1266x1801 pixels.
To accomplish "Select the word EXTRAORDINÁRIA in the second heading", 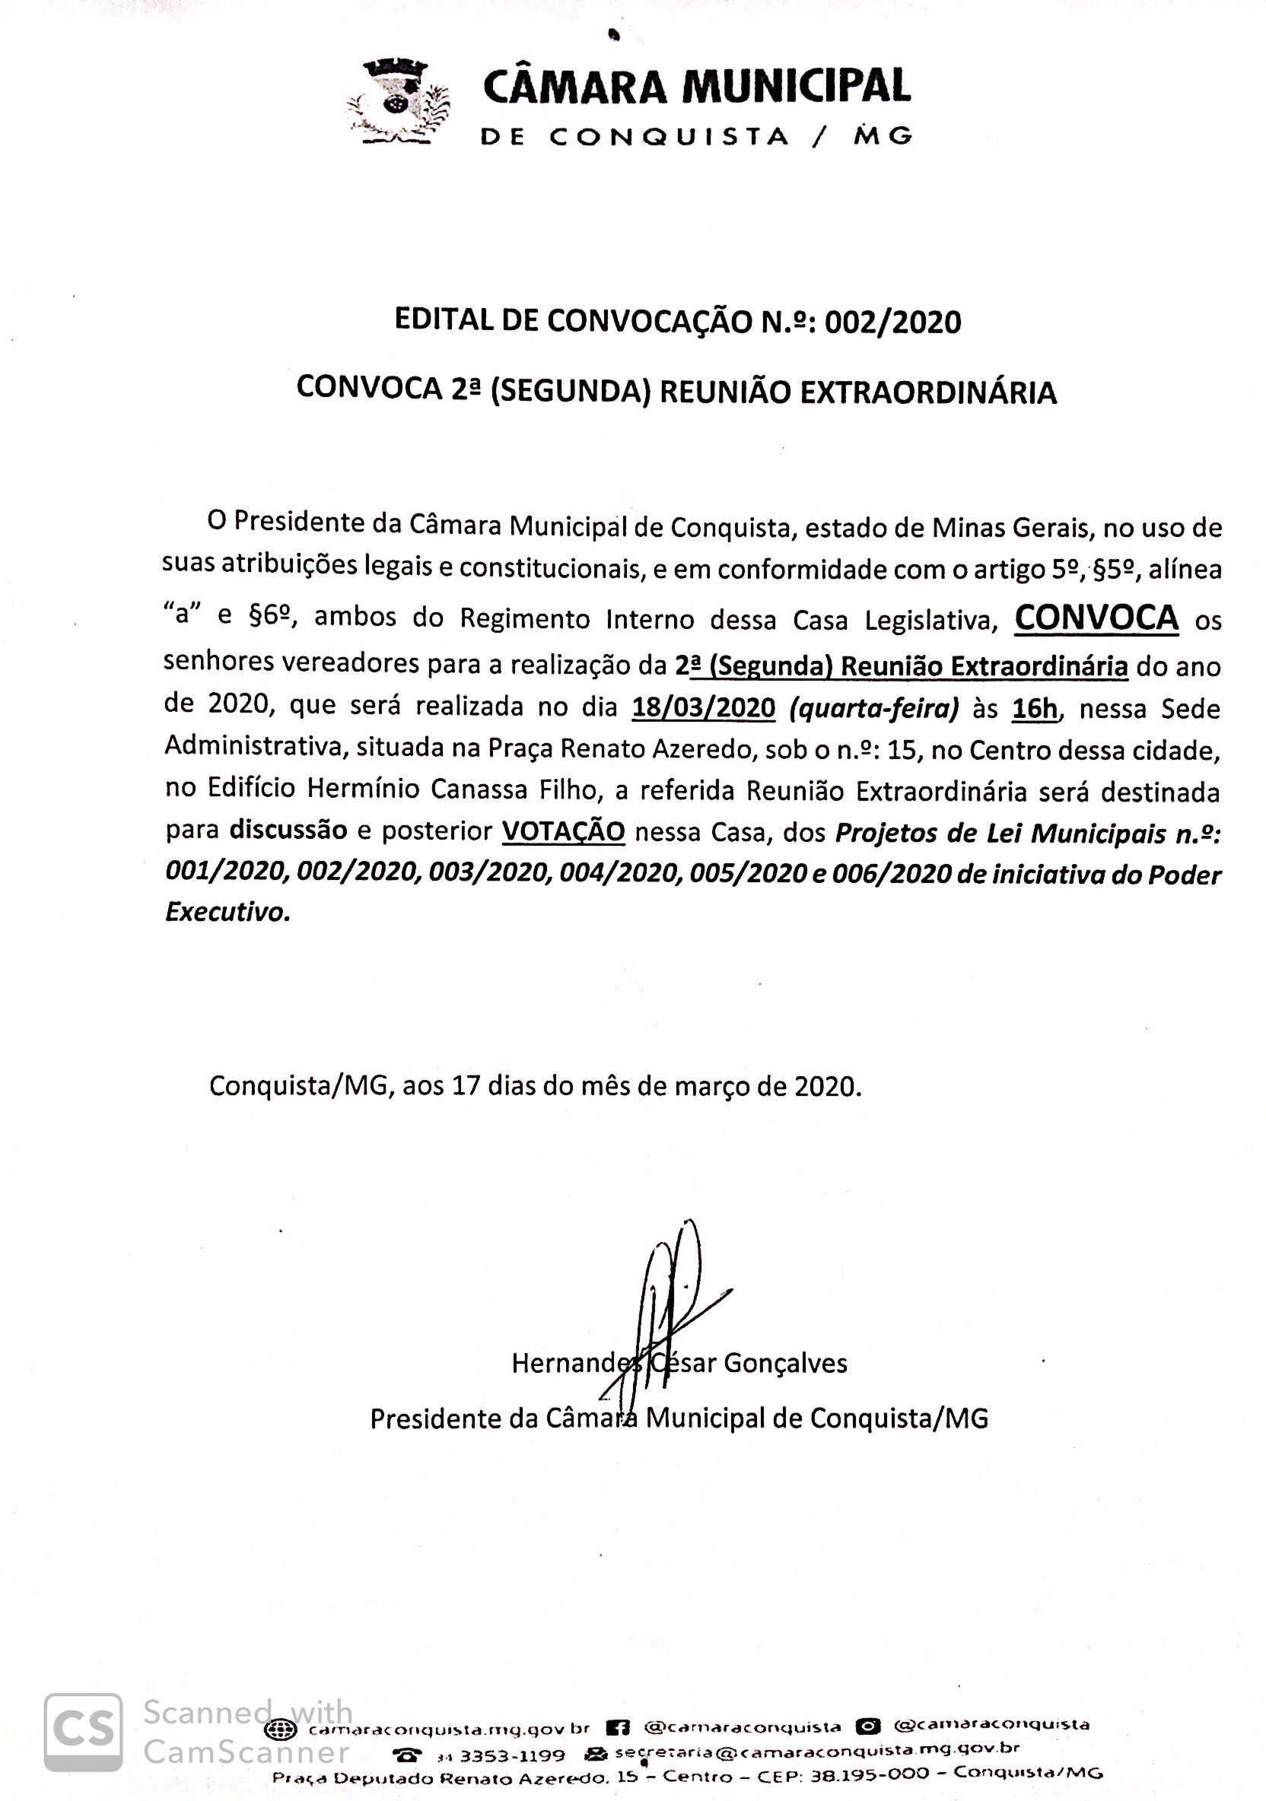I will (x=927, y=392).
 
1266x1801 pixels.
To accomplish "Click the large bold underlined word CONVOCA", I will (x=1096, y=618).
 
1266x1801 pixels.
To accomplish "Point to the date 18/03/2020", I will (x=703, y=708).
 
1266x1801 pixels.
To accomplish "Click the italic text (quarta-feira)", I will (x=873, y=708).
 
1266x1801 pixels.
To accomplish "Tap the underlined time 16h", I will (x=1035, y=708).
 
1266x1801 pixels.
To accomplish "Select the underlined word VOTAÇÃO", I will (x=563, y=831).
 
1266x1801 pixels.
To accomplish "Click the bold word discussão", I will (x=288, y=831).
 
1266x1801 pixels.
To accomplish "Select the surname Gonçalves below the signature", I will (x=785, y=1364).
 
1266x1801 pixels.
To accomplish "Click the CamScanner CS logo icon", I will (x=82, y=1732).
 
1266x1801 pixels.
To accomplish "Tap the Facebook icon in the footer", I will (x=619, y=1727).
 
